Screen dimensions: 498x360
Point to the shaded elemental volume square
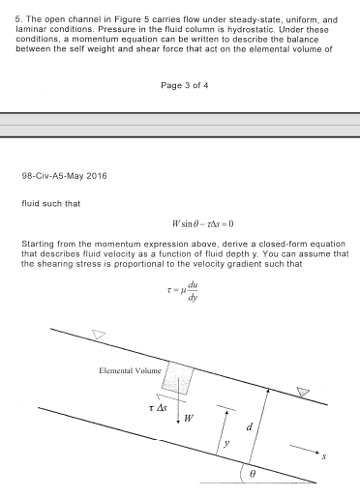point(179,378)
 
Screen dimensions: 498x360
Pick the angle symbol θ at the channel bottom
point(254,475)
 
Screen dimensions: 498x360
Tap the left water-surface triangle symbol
point(97,335)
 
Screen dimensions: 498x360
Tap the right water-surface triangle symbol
point(305,392)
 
